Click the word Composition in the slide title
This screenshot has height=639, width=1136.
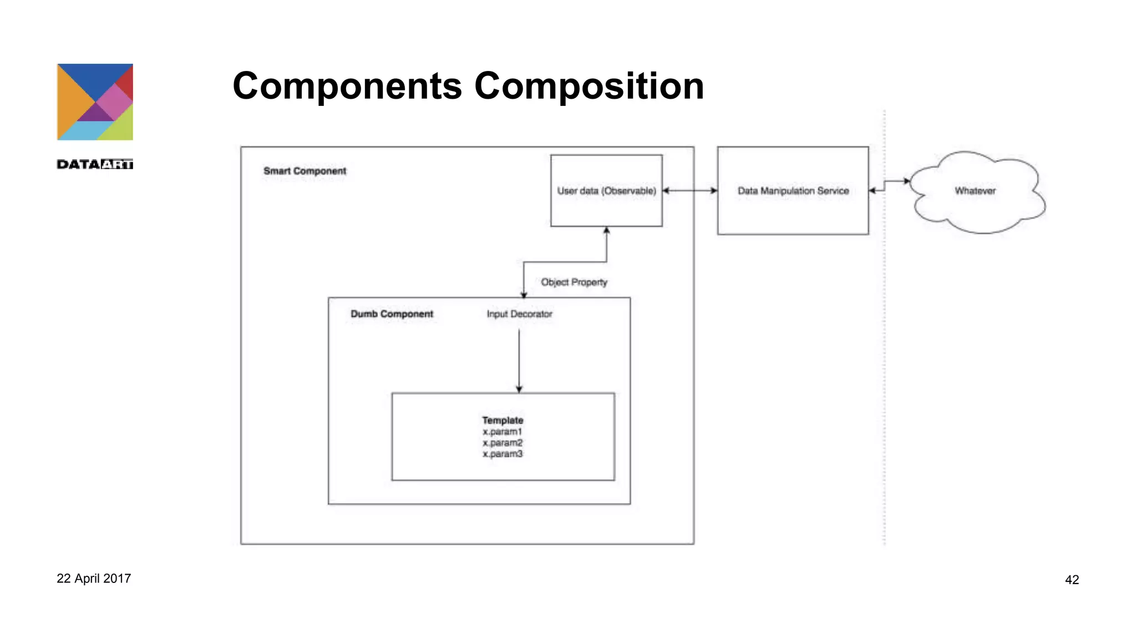589,87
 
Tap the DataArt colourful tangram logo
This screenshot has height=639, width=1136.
95,102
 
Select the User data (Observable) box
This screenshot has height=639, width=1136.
606,191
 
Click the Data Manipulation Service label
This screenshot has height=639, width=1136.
793,191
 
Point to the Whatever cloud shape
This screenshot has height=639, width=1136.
975,191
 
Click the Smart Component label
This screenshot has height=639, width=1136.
305,171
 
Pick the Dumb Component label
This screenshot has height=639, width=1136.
392,314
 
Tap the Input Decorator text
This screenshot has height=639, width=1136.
519,314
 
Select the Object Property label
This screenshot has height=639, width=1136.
574,282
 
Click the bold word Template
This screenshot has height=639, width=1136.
503,420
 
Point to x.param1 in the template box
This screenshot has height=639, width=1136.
503,432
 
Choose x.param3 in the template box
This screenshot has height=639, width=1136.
503,454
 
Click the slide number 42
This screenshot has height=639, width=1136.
1072,580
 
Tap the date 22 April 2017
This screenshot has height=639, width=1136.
94,579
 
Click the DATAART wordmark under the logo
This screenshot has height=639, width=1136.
95,164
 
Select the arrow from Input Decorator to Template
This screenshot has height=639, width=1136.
519,361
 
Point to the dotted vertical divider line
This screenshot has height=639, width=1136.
884,361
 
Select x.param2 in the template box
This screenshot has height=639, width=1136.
503,443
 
